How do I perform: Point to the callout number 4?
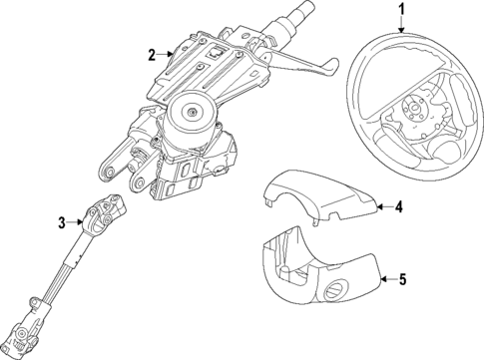[399, 208]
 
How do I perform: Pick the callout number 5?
[402, 280]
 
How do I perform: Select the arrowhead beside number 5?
[383, 278]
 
